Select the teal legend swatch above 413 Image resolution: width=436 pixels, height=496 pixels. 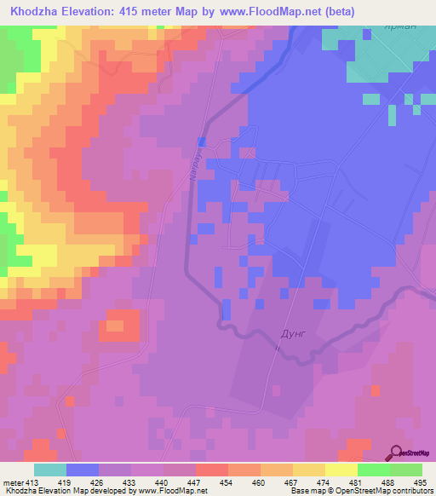tap(50, 470)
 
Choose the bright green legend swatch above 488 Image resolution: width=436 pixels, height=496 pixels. tap(373, 470)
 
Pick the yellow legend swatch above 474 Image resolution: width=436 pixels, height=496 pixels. tap(308, 470)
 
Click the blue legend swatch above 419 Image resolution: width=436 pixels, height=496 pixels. tap(83, 470)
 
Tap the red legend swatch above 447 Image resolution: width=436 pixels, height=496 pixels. tap(211, 470)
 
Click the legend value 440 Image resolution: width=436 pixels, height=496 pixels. tap(181, 482)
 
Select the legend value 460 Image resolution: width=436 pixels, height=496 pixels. tap(245, 482)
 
